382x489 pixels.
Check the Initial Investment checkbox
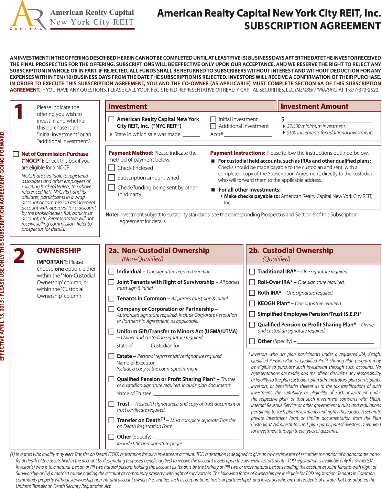[213, 119]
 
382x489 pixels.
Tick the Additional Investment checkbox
[213, 126]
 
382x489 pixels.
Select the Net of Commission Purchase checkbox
[16, 154]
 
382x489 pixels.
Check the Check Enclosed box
[112, 168]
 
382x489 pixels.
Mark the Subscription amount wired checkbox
[112, 178]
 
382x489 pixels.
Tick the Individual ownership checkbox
[111, 272]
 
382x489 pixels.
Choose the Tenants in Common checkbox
[111, 298]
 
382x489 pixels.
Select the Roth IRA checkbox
[252, 293]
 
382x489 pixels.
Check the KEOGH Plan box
[252, 304]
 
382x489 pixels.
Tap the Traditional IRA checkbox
[252, 272]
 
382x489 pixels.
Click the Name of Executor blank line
[197, 363]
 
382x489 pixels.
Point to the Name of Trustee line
[196, 393]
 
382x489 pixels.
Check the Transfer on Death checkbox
[111, 420]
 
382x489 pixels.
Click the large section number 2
[19, 256]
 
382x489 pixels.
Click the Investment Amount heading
[315, 107]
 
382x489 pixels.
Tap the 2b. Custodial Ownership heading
[291, 251]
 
